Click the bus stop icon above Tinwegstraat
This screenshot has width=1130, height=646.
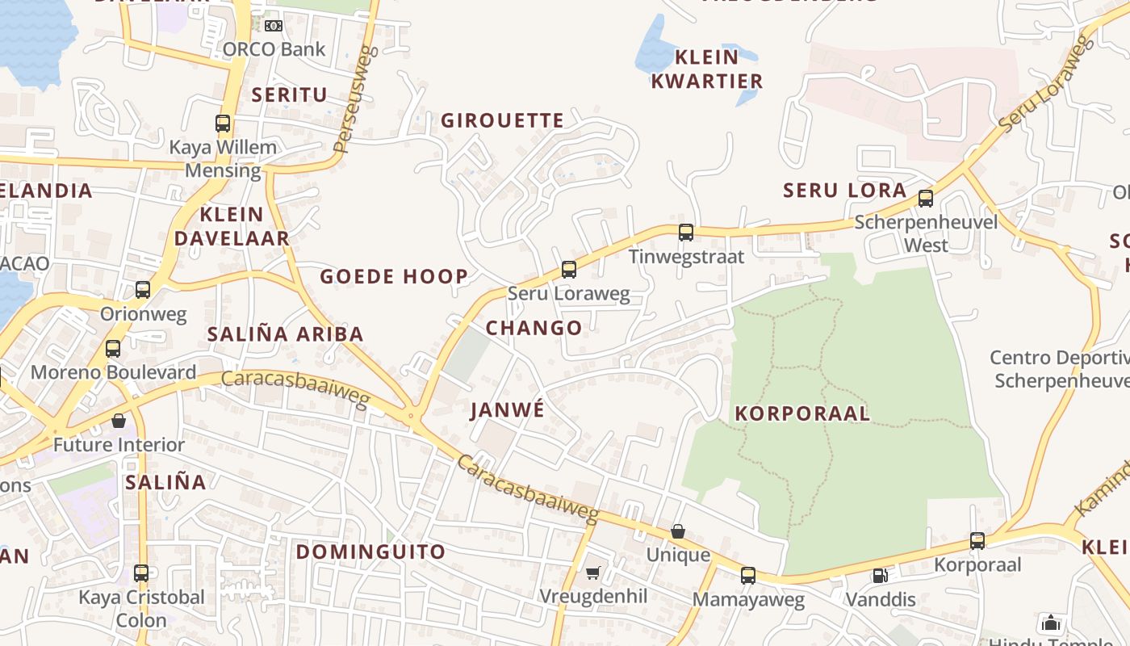[686, 233]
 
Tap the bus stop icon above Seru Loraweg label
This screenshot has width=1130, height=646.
[569, 270]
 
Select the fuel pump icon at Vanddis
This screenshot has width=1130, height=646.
[880, 576]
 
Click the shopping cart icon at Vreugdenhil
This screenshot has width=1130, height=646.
[593, 573]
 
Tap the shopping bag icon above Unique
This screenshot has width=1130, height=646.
[678, 531]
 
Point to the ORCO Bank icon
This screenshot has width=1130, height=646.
[274, 26]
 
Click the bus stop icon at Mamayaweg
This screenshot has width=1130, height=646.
[748, 576]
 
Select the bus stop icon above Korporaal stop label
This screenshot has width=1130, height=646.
[977, 541]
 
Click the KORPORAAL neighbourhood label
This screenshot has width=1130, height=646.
[802, 414]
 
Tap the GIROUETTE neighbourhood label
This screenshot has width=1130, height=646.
[502, 121]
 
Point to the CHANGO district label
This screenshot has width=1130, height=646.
[534, 328]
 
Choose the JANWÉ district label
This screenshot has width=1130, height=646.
[508, 410]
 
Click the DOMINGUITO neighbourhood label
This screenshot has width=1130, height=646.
[370, 552]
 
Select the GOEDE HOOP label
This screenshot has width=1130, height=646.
[394, 277]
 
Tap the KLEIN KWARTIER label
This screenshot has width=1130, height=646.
[707, 69]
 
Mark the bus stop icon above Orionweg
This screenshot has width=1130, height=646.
[143, 290]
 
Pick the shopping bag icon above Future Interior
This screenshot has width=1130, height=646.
[119, 421]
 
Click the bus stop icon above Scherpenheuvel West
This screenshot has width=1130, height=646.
[926, 199]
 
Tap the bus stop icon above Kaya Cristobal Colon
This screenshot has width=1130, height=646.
[141, 573]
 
